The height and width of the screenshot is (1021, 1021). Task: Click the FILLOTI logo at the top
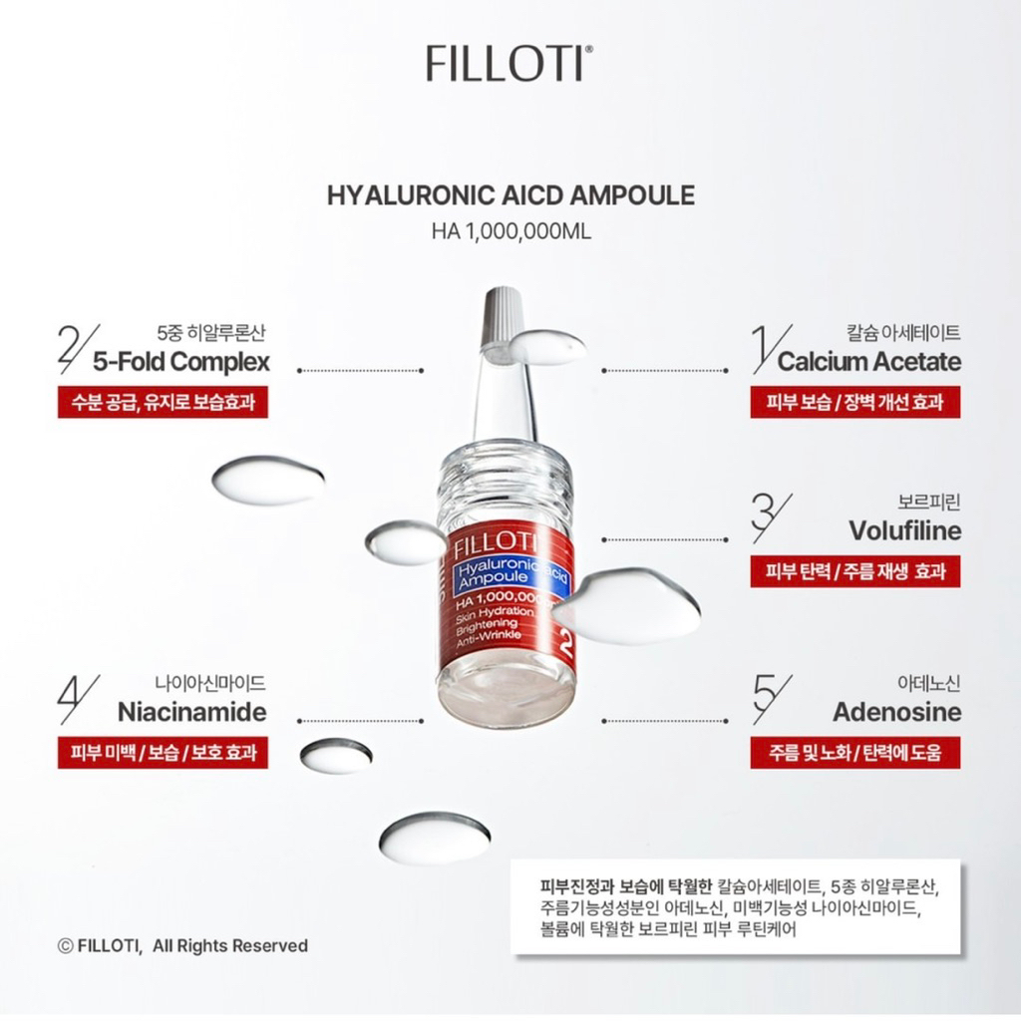click(x=510, y=63)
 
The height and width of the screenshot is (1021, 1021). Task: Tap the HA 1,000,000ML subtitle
click(x=511, y=231)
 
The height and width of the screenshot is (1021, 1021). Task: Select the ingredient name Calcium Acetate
click(x=869, y=361)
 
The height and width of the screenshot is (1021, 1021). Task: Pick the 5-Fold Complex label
click(x=181, y=362)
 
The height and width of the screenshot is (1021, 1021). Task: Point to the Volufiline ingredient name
click(x=905, y=530)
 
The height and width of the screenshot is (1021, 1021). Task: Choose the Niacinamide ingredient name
click(x=192, y=712)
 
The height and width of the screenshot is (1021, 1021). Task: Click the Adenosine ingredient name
click(x=897, y=712)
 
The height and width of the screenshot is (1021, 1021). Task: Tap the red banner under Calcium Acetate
click(x=854, y=402)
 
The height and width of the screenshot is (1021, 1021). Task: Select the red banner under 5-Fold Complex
click(x=163, y=402)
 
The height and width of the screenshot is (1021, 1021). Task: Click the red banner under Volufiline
click(x=854, y=571)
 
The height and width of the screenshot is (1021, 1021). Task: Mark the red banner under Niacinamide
click(x=163, y=753)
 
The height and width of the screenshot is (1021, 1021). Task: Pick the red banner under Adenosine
click(x=854, y=753)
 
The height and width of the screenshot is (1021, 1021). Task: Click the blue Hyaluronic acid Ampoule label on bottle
click(x=511, y=573)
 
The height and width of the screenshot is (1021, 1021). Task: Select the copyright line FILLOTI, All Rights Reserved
click(x=182, y=945)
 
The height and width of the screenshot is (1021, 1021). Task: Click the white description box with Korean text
click(x=735, y=907)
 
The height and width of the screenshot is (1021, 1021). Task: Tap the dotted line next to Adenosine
click(x=664, y=721)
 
